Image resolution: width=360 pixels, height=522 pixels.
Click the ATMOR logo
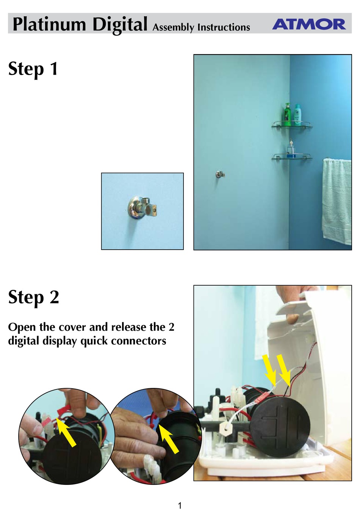309,24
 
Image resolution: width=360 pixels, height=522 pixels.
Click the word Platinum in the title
49,24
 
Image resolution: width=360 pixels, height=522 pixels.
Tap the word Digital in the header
120,25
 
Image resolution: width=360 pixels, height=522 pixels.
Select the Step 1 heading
33,69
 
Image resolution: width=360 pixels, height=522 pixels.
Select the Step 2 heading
34,297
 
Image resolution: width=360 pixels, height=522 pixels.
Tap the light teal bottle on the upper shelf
297,114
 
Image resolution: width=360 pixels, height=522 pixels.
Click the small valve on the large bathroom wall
220,174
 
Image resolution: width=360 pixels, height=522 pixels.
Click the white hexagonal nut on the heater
225,426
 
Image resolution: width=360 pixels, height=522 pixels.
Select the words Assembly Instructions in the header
201,28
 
